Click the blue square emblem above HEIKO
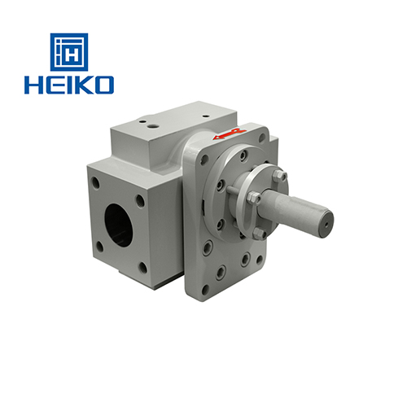tap(69, 52)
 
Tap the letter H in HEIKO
tap(33, 85)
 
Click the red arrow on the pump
tap(230, 134)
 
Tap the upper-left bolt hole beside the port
tap(95, 181)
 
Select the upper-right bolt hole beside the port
tap(140, 201)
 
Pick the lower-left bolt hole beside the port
tap(99, 247)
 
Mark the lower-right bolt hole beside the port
tap(143, 267)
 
